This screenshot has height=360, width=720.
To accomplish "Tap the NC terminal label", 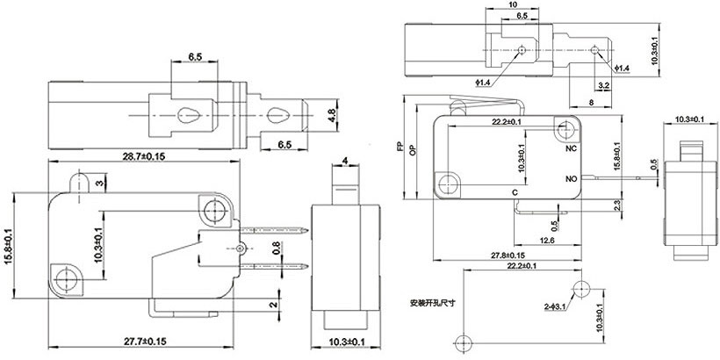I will click(x=569, y=149).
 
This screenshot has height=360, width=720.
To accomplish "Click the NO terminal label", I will click(x=570, y=178).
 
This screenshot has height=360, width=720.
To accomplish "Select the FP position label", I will click(x=400, y=148).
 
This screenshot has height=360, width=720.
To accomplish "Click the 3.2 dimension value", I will click(x=603, y=85).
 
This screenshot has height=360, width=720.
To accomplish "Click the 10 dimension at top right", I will click(x=512, y=4).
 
